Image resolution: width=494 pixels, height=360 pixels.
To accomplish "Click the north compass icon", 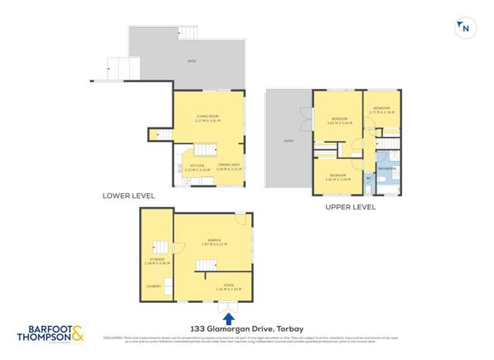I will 464,29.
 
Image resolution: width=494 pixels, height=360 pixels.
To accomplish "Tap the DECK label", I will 191,61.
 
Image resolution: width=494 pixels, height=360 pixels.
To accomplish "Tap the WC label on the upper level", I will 369,178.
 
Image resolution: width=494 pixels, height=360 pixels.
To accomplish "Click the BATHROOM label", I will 387,168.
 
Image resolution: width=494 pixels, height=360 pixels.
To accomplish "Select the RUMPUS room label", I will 213,240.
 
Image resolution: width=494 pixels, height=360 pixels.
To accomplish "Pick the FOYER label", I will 229,286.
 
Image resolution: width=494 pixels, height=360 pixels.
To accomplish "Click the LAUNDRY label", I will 153,287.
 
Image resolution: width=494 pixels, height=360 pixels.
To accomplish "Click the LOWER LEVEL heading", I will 128,196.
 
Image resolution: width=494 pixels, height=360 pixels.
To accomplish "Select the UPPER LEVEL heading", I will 350,207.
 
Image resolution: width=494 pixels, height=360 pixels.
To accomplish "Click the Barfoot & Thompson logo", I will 51,334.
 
